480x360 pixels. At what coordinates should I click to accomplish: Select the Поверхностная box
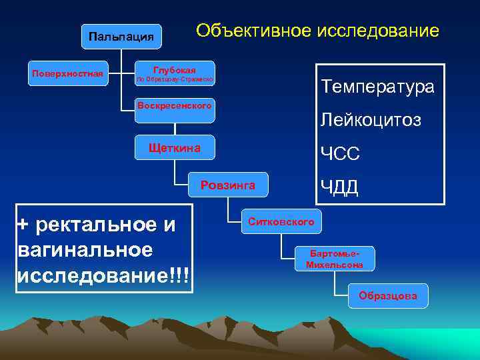point(67,73)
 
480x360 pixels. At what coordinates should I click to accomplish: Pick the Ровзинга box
point(228,186)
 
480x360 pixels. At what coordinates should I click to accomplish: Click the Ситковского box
point(281,221)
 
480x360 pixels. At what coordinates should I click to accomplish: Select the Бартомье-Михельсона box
point(335,259)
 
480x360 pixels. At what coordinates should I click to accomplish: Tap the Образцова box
point(388,296)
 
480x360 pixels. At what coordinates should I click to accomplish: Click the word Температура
point(377,87)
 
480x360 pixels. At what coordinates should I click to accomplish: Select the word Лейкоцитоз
point(371,120)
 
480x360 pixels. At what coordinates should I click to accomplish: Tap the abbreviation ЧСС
point(340,154)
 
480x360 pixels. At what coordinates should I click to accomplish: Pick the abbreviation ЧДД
point(340,188)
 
